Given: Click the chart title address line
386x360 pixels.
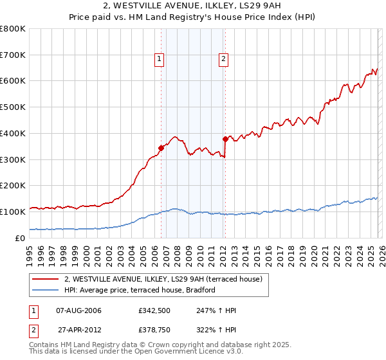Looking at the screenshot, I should [x=193, y=5].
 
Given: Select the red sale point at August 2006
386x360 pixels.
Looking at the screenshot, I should [x=161, y=148].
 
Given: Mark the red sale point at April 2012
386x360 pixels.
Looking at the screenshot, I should [x=225, y=138].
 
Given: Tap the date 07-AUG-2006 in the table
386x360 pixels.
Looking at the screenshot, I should [x=79, y=310].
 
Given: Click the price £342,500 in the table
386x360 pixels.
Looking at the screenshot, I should [x=153, y=310].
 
